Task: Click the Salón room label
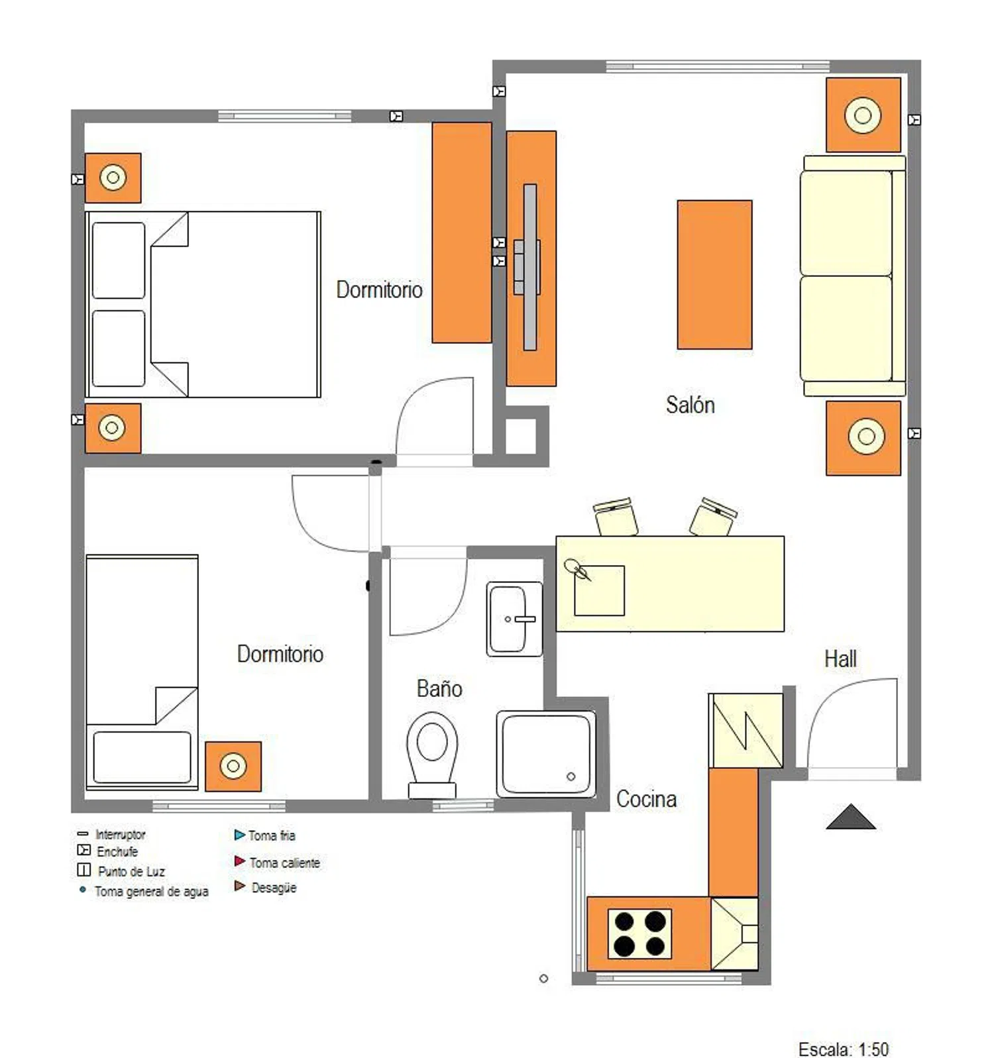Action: (690, 405)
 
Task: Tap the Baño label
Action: (439, 688)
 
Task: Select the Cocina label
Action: (646, 799)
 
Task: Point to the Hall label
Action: (840, 659)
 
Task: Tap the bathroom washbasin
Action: (514, 619)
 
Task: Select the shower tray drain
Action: (571, 776)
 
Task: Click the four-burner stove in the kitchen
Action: (639, 933)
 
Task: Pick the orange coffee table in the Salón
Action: (714, 274)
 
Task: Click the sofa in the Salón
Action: (854, 276)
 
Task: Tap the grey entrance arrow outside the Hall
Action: (851, 817)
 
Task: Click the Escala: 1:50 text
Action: (843, 1049)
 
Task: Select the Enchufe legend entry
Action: (108, 851)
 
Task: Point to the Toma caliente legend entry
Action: (277, 863)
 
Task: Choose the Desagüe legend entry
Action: (265, 887)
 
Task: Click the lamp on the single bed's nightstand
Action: (233, 766)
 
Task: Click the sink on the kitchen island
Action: (599, 590)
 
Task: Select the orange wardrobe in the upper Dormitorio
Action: (462, 233)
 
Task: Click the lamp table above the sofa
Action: (863, 115)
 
